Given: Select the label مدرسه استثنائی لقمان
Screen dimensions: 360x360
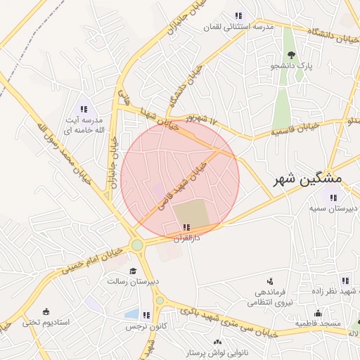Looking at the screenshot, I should [x=238, y=27].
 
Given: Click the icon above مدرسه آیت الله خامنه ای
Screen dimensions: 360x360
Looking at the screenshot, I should [x=84, y=109].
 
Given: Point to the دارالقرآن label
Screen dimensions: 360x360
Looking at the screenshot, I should [x=186, y=238].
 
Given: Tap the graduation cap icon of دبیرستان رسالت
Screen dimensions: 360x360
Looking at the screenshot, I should [x=131, y=271].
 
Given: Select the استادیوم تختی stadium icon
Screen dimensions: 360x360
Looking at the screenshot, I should [x=46, y=311].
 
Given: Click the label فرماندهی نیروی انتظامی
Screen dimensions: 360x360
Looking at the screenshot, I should [x=265, y=298].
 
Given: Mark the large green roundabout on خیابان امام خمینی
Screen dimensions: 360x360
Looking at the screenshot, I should [x=137, y=245].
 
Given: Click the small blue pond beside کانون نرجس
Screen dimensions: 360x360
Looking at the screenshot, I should [x=131, y=314].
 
